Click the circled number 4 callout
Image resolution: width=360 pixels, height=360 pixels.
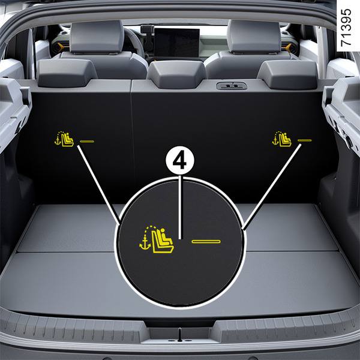pyautogui.click(x=180, y=160)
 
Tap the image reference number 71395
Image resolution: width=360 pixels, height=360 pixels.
pyautogui.click(x=346, y=28)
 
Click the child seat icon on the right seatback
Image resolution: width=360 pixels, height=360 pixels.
pyautogui.click(x=282, y=139)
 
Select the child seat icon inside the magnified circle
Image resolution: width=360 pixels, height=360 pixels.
pyautogui.click(x=157, y=239)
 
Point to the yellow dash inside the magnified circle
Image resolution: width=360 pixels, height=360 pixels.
pyautogui.click(x=206, y=242)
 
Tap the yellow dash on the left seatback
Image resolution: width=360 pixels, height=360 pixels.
pyautogui.click(x=87, y=141)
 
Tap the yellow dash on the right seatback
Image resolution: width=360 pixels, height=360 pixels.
pyautogui.click(x=304, y=140)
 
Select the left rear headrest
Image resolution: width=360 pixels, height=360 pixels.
pyautogui.click(x=67, y=73)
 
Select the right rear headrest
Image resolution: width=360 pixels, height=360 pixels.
pyautogui.click(x=287, y=74)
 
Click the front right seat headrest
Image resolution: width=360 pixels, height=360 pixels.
pyautogui.click(x=254, y=36)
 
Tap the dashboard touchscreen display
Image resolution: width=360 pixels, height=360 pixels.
pyautogui.click(x=177, y=43)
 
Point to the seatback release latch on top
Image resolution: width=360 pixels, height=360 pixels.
pyautogui.click(x=232, y=86)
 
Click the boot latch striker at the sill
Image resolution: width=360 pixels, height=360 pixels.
pyautogui.click(x=180, y=335)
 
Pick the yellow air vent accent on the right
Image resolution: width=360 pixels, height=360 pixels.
pyautogui.click(x=289, y=48)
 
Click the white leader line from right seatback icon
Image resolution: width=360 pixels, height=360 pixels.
pyautogui.click(x=272, y=187)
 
